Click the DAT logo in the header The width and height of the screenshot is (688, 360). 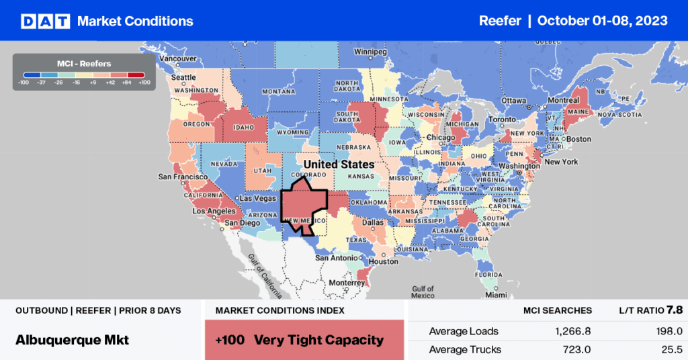tap(45, 21)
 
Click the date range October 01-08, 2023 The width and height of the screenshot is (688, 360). tap(603, 21)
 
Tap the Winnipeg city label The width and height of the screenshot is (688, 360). tap(372, 52)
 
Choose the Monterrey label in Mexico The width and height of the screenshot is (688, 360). tap(347, 283)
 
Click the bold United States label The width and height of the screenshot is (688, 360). tap(339, 164)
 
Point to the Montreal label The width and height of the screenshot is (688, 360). tap(563, 100)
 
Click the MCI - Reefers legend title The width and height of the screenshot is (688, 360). tap(84, 63)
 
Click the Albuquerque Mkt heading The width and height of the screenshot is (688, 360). tap(72, 340)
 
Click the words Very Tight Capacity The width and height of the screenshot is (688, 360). tap(318, 340)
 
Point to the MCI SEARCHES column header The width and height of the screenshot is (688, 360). tap(558, 311)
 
